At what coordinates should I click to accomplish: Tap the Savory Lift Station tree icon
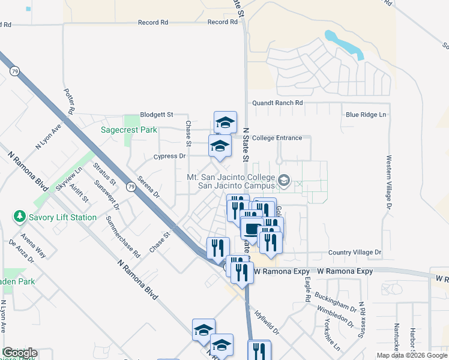click(x=19, y=217)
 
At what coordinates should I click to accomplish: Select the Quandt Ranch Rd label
click(x=277, y=103)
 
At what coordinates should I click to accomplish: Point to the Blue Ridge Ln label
click(x=366, y=115)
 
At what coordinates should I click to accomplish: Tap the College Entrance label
click(x=277, y=138)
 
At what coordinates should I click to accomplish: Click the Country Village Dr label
click(x=355, y=253)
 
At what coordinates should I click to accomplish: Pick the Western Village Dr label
click(x=389, y=182)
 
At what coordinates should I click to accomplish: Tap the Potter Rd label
click(x=68, y=102)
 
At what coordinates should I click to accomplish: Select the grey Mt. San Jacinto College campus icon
click(x=284, y=179)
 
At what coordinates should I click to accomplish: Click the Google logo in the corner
click(x=19, y=353)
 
